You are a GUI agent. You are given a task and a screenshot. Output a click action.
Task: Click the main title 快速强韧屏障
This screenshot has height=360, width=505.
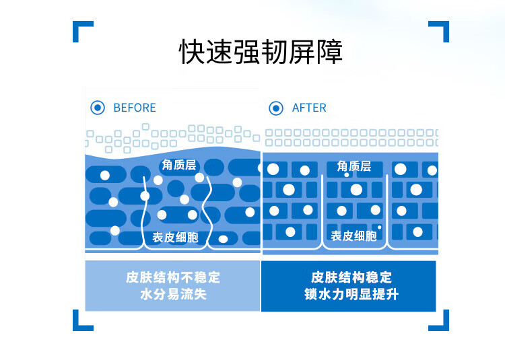261,52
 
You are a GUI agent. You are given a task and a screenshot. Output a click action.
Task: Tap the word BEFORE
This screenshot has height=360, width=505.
134,108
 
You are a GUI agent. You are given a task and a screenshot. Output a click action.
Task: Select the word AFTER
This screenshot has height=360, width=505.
309,108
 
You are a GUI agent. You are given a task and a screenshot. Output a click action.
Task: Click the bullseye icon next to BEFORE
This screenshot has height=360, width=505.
98,108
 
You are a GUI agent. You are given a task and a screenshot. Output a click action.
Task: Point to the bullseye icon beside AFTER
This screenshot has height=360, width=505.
276,108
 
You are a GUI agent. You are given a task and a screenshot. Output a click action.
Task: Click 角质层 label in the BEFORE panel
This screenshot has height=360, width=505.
178,165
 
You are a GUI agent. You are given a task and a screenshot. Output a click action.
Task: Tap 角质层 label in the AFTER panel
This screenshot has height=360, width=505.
354,166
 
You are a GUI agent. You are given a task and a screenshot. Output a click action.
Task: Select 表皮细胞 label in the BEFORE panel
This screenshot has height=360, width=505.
174,237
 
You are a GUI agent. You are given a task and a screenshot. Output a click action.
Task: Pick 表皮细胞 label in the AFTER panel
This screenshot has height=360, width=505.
353,236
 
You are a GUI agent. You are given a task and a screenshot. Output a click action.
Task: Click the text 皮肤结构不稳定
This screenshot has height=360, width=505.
173,277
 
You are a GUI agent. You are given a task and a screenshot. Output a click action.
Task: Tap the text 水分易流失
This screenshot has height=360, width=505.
173,295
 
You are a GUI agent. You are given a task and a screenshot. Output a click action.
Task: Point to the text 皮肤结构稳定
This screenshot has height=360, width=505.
351,277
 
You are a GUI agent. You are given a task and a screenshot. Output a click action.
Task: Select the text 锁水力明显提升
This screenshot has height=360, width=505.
351,295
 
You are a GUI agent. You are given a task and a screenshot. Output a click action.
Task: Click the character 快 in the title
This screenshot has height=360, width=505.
192,52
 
